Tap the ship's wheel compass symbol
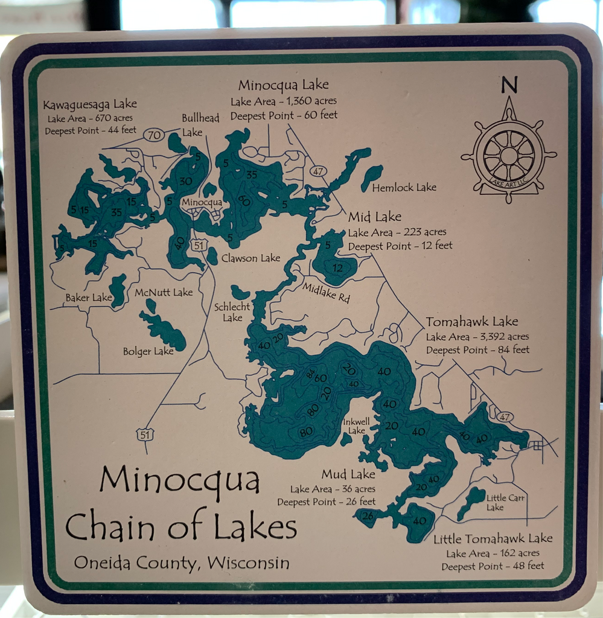[509, 156]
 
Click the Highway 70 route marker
[155, 135]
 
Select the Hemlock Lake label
[404, 188]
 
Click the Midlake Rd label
[326, 293]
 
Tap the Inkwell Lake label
[357, 426]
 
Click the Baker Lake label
[89, 298]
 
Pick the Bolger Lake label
[148, 351]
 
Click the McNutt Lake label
[164, 293]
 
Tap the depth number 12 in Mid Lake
[337, 267]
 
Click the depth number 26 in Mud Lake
[368, 515]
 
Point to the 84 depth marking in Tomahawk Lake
[310, 374]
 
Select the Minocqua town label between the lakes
[202, 202]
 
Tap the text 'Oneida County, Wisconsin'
[182, 563]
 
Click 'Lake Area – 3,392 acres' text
[477, 337]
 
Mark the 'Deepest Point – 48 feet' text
[493, 566]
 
